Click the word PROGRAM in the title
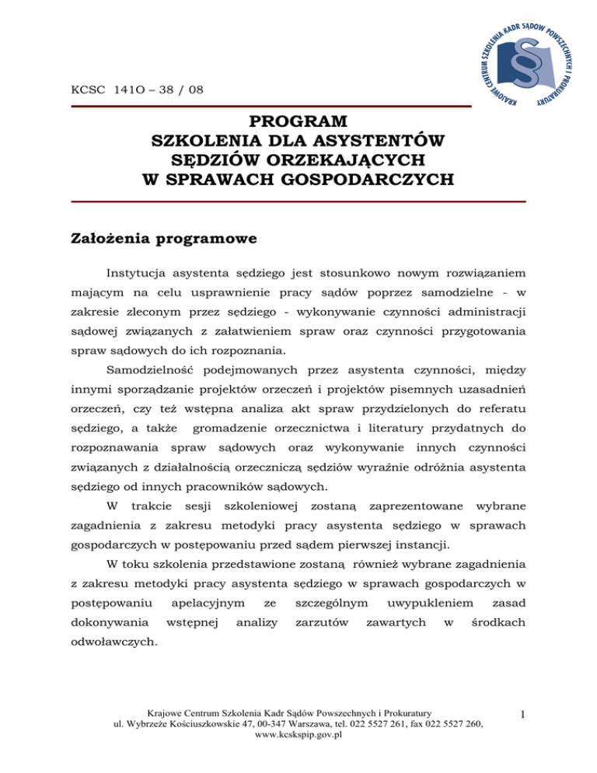(x=298, y=124)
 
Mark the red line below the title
(x=298, y=202)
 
